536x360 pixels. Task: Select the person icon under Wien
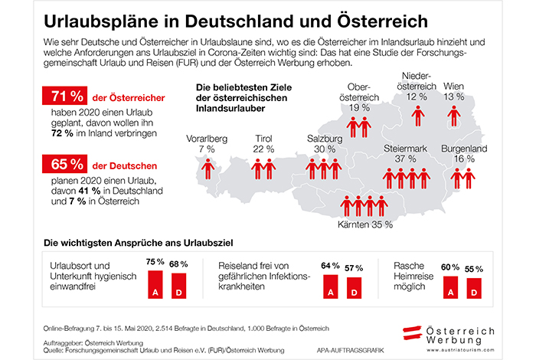coord(454,116)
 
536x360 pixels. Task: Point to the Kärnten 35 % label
coord(365,225)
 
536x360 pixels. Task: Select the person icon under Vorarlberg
coord(207,168)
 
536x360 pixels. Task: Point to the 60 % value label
coord(451,268)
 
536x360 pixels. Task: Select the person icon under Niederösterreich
coord(417,116)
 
